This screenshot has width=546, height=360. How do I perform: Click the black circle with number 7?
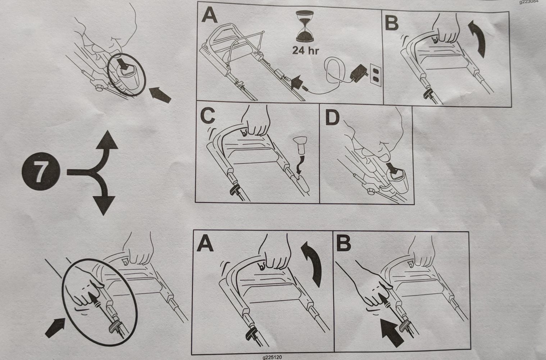[41, 171]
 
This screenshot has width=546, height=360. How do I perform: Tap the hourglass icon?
[305, 26]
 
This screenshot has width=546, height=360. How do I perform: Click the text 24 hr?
[305, 50]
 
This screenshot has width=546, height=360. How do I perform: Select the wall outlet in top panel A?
[376, 75]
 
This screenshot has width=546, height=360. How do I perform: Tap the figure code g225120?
[272, 357]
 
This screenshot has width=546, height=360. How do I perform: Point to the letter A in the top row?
[209, 14]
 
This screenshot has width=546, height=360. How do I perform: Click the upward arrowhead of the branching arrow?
[107, 140]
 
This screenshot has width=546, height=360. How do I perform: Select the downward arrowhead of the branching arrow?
[104, 205]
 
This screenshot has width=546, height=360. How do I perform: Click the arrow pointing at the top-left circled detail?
[160, 95]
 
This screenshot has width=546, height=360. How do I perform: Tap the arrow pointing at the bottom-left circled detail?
[55, 328]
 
